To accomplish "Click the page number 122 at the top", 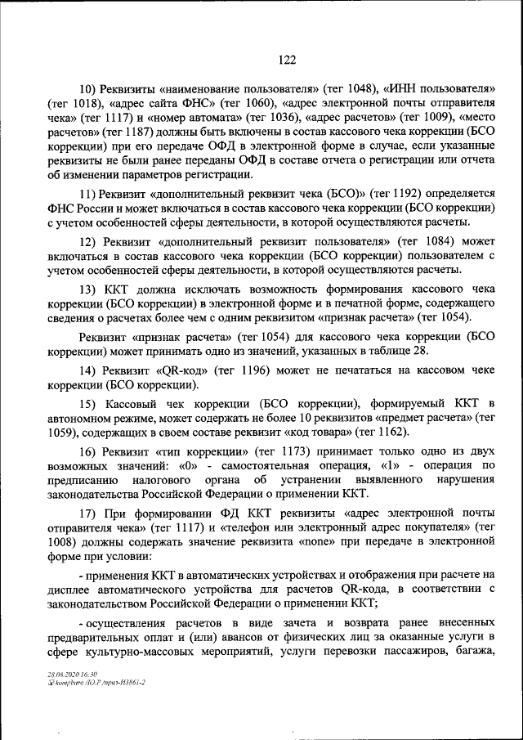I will [x=287, y=59].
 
